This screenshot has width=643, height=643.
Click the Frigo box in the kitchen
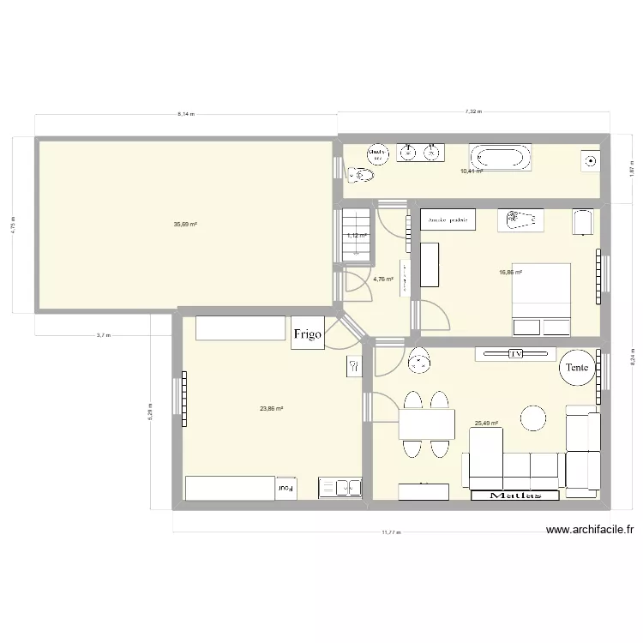pyautogui.click(x=309, y=334)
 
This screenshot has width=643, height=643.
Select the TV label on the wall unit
pyautogui.click(x=516, y=353)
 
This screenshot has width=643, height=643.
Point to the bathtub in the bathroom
pyautogui.click(x=500, y=157)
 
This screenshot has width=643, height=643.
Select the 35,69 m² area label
pyautogui.click(x=185, y=225)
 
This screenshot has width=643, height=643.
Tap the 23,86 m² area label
pyautogui.click(x=271, y=408)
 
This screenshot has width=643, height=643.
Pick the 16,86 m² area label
pyautogui.click(x=511, y=273)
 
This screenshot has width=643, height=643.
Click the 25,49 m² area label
pyautogui.click(x=486, y=422)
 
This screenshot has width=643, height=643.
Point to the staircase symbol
pyautogui.click(x=356, y=234)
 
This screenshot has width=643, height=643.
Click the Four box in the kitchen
pyautogui.click(x=285, y=489)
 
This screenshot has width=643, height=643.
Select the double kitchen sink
pyautogui.click(x=340, y=488)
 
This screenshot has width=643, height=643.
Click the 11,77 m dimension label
pyautogui.click(x=390, y=532)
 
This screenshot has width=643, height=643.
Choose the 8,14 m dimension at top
pyautogui.click(x=186, y=112)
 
